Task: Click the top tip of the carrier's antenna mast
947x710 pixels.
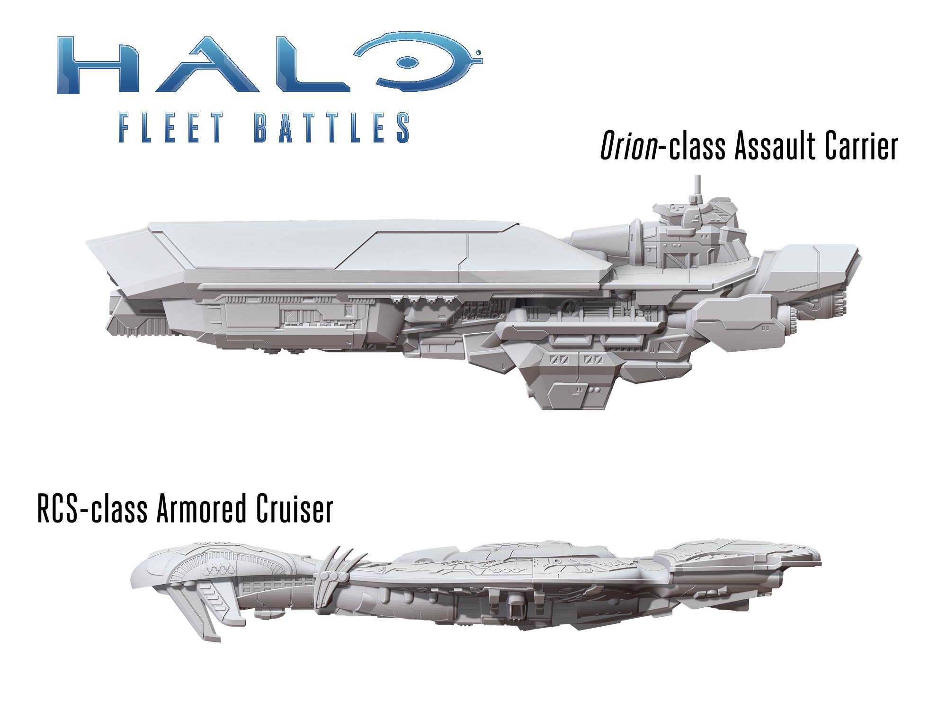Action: click(697, 177)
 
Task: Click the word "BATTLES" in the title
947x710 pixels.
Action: click(331, 127)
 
